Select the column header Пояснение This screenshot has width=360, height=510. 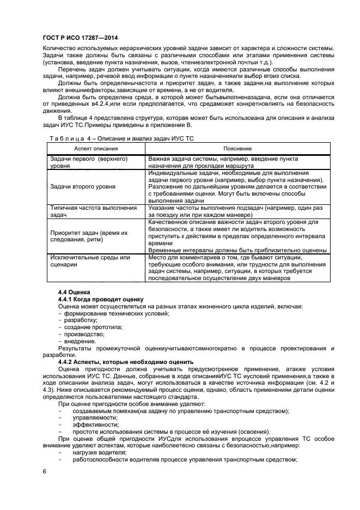[x=237, y=148]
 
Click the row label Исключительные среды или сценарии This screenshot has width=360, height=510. [x=90, y=260]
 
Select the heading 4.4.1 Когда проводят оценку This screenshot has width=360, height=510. [x=101, y=299]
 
